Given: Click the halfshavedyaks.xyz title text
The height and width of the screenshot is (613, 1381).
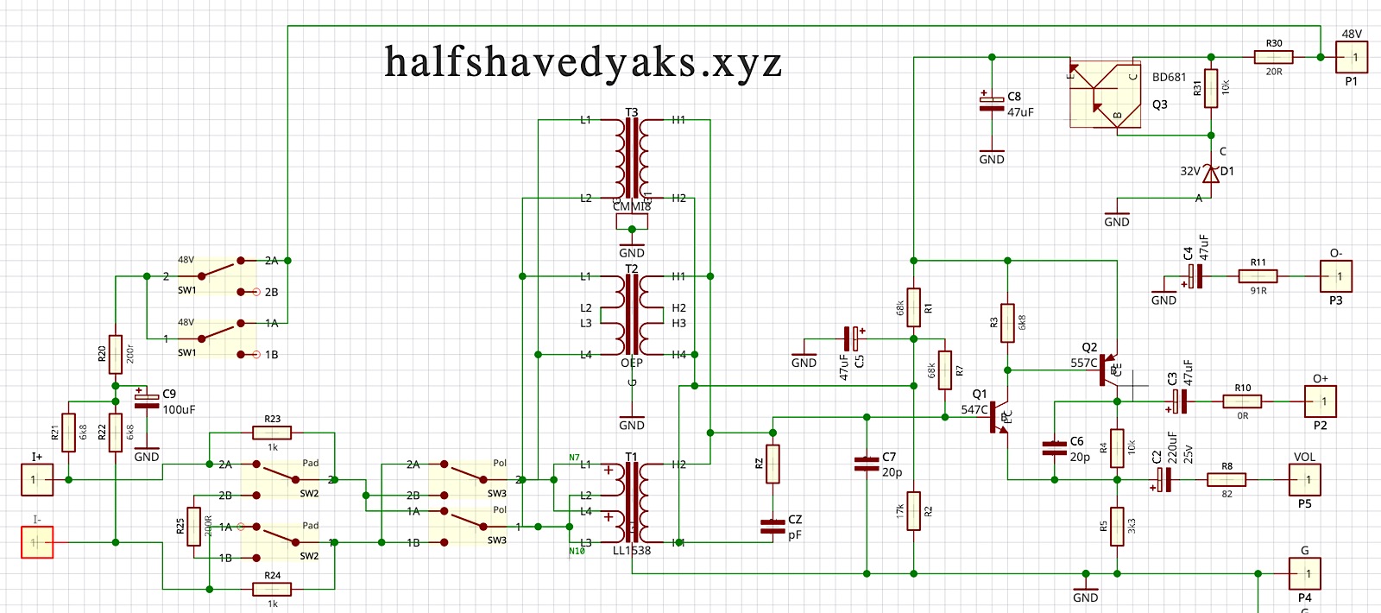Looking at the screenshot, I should pos(583,62).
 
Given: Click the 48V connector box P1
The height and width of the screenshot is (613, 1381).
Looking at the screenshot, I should pos(1352,57).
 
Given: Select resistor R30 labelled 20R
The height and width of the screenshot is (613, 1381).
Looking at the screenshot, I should pos(1273,57).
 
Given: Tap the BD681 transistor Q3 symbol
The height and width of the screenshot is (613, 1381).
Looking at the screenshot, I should pos(1106,94).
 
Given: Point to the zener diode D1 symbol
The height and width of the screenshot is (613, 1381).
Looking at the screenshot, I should pos(1211,174).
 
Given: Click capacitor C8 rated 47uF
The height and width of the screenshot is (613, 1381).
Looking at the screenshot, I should pos(992,104).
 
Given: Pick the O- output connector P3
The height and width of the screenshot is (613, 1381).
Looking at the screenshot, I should pos(1336,276).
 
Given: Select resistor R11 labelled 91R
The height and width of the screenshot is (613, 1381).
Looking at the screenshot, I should pos(1258,276).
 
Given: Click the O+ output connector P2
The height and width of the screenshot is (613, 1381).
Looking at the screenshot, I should pos(1321,401).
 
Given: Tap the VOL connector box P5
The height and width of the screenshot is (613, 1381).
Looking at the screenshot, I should pos(1305,479).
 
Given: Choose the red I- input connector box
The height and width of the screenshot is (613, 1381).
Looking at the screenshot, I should pos(37,542).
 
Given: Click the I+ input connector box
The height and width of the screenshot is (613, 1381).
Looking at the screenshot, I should pos(37,479).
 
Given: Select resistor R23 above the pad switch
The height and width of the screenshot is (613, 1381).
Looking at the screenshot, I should pos(272,433).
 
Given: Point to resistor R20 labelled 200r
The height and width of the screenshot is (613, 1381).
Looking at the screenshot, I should pos(116,354).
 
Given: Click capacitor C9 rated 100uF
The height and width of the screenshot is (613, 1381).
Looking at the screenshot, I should pos(147,401).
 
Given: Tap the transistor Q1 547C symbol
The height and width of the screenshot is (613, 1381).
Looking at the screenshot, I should pos(999,417).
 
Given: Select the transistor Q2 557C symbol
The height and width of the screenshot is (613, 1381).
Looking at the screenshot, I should pos(1108,370).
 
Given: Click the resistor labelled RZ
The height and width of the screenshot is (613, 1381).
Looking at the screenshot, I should pos(772,464).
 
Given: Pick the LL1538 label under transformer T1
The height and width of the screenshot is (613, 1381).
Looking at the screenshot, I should pos(632,551).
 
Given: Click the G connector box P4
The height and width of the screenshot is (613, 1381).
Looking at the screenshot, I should pos(1305,573).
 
